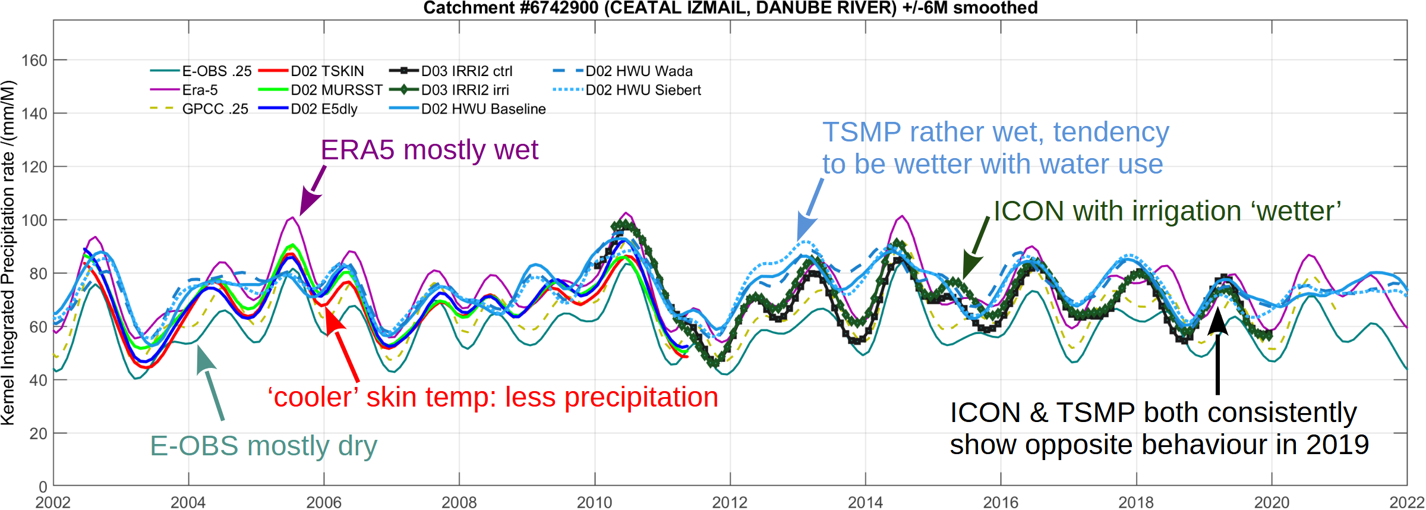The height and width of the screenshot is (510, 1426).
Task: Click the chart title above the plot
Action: pos(730,8)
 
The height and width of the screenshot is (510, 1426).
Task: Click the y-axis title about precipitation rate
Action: pos(8,253)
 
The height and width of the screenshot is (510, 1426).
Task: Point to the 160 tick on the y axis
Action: pos(34,61)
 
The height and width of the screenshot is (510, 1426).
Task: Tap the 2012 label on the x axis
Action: pos(730,502)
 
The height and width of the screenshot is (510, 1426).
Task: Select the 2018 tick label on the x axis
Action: pos(1136,502)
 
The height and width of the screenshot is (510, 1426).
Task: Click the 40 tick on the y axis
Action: pos(38,380)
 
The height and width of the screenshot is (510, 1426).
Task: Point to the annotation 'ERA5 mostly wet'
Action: pos(429,150)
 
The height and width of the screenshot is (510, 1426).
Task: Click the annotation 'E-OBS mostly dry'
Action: pos(263,446)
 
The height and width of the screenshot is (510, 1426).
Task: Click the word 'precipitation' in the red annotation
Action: pos(641,397)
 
